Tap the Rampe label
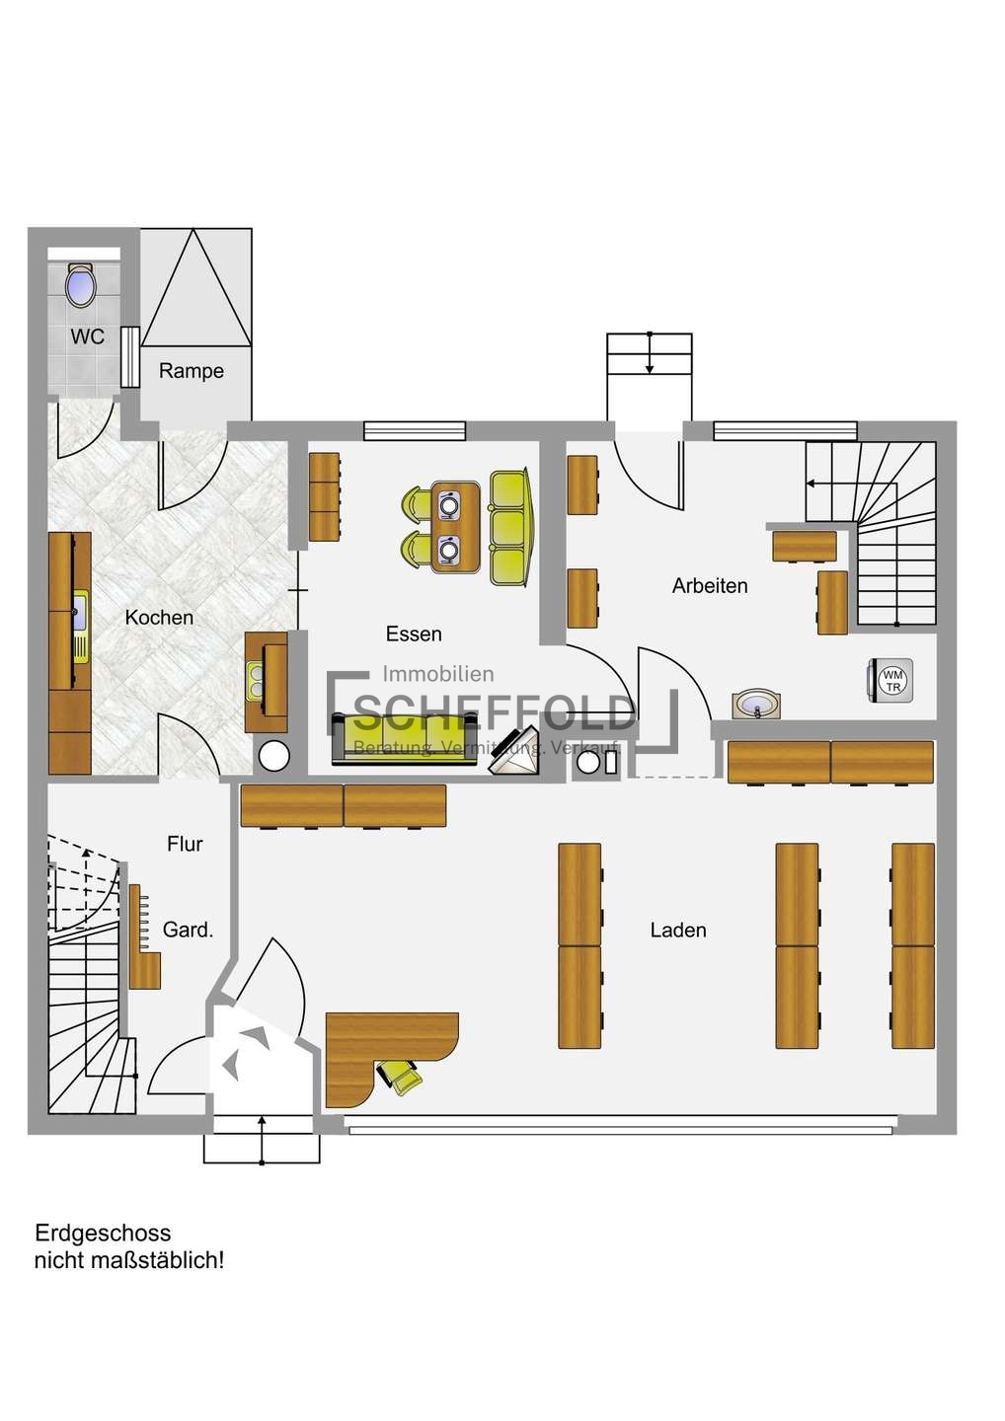click(191, 370)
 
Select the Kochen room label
click(159, 618)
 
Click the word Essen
click(414, 634)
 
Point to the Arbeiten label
click(710, 585)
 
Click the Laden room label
click(677, 930)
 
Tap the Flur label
click(185, 844)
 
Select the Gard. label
click(188, 930)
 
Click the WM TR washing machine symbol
click(891, 681)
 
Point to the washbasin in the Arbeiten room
click(755, 706)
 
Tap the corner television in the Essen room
click(514, 751)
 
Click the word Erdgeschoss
click(103, 1234)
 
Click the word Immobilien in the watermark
click(437, 674)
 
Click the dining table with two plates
click(455, 527)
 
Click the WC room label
click(88, 337)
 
